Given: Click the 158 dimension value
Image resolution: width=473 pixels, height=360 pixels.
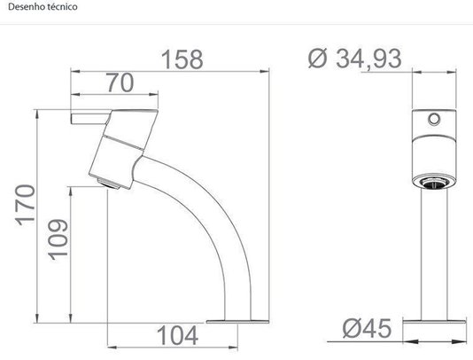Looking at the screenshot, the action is tap(182, 59).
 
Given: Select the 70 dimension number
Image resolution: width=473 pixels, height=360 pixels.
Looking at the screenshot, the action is tap(120, 82).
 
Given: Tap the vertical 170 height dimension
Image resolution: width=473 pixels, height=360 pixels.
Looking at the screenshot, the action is tap(26, 205).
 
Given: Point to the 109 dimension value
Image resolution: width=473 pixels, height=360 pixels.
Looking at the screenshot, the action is tap(58, 240).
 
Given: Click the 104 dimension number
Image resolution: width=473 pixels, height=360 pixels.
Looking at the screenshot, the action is tap(177, 335).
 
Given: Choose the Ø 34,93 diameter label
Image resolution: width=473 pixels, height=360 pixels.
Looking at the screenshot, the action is tap(355, 59).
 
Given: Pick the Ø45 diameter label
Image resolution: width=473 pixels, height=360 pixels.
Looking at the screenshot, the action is tap(367, 328).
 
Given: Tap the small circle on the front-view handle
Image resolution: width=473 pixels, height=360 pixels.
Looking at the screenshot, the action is tap(434, 119).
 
